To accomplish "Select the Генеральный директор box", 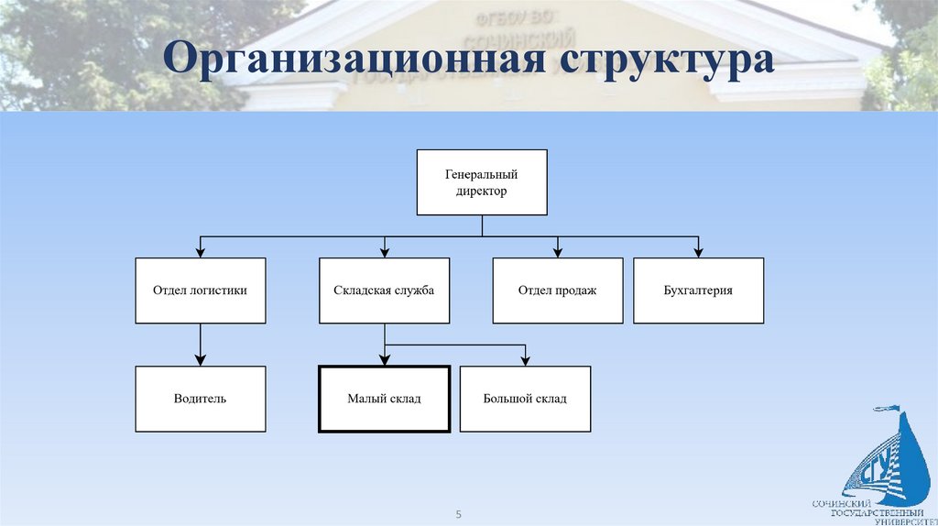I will point(482,182).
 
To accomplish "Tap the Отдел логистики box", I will point(201,290).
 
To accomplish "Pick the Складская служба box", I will point(384,290).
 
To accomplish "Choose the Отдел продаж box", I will point(557,290).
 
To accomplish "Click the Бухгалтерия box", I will point(698,290).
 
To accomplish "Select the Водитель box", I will point(201,399).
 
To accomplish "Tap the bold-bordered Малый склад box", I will point(384,399).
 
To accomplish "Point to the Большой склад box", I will point(525,399).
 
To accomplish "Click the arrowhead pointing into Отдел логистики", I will point(201,252).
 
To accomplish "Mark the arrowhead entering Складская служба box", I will point(385,252).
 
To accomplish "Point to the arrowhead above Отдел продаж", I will point(558,252).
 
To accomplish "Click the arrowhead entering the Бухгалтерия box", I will point(699,252).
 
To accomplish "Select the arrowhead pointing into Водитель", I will point(201,360).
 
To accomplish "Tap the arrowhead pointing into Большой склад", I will point(525,360).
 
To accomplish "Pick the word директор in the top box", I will point(482,192).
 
